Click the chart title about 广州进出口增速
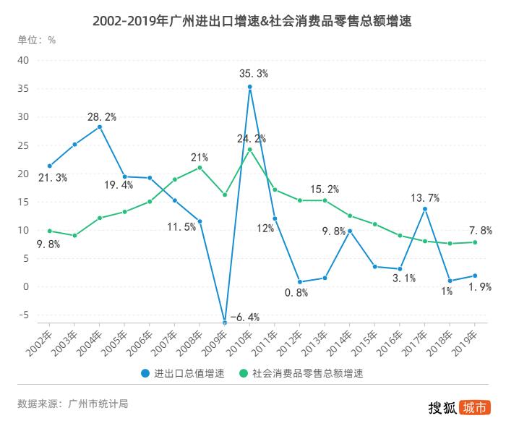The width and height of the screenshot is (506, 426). (x=252, y=20)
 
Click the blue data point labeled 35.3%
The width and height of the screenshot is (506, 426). (x=249, y=87)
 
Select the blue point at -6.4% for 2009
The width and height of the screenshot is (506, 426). (x=225, y=323)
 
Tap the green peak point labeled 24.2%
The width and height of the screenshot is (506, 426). (x=249, y=150)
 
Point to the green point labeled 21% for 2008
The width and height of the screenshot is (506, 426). (x=200, y=167)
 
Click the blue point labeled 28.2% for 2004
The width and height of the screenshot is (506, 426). (x=100, y=127)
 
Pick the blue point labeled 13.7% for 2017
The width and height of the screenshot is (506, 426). (x=424, y=209)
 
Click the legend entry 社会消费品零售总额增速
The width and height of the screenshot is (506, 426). (x=304, y=373)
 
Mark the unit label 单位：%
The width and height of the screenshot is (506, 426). (x=37, y=40)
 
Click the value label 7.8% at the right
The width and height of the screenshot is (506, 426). (x=481, y=231)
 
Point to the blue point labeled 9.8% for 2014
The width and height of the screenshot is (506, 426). (x=349, y=231)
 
